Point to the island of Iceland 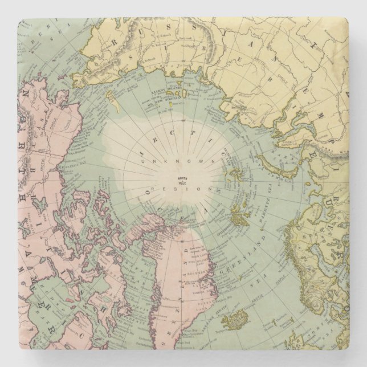248,313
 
